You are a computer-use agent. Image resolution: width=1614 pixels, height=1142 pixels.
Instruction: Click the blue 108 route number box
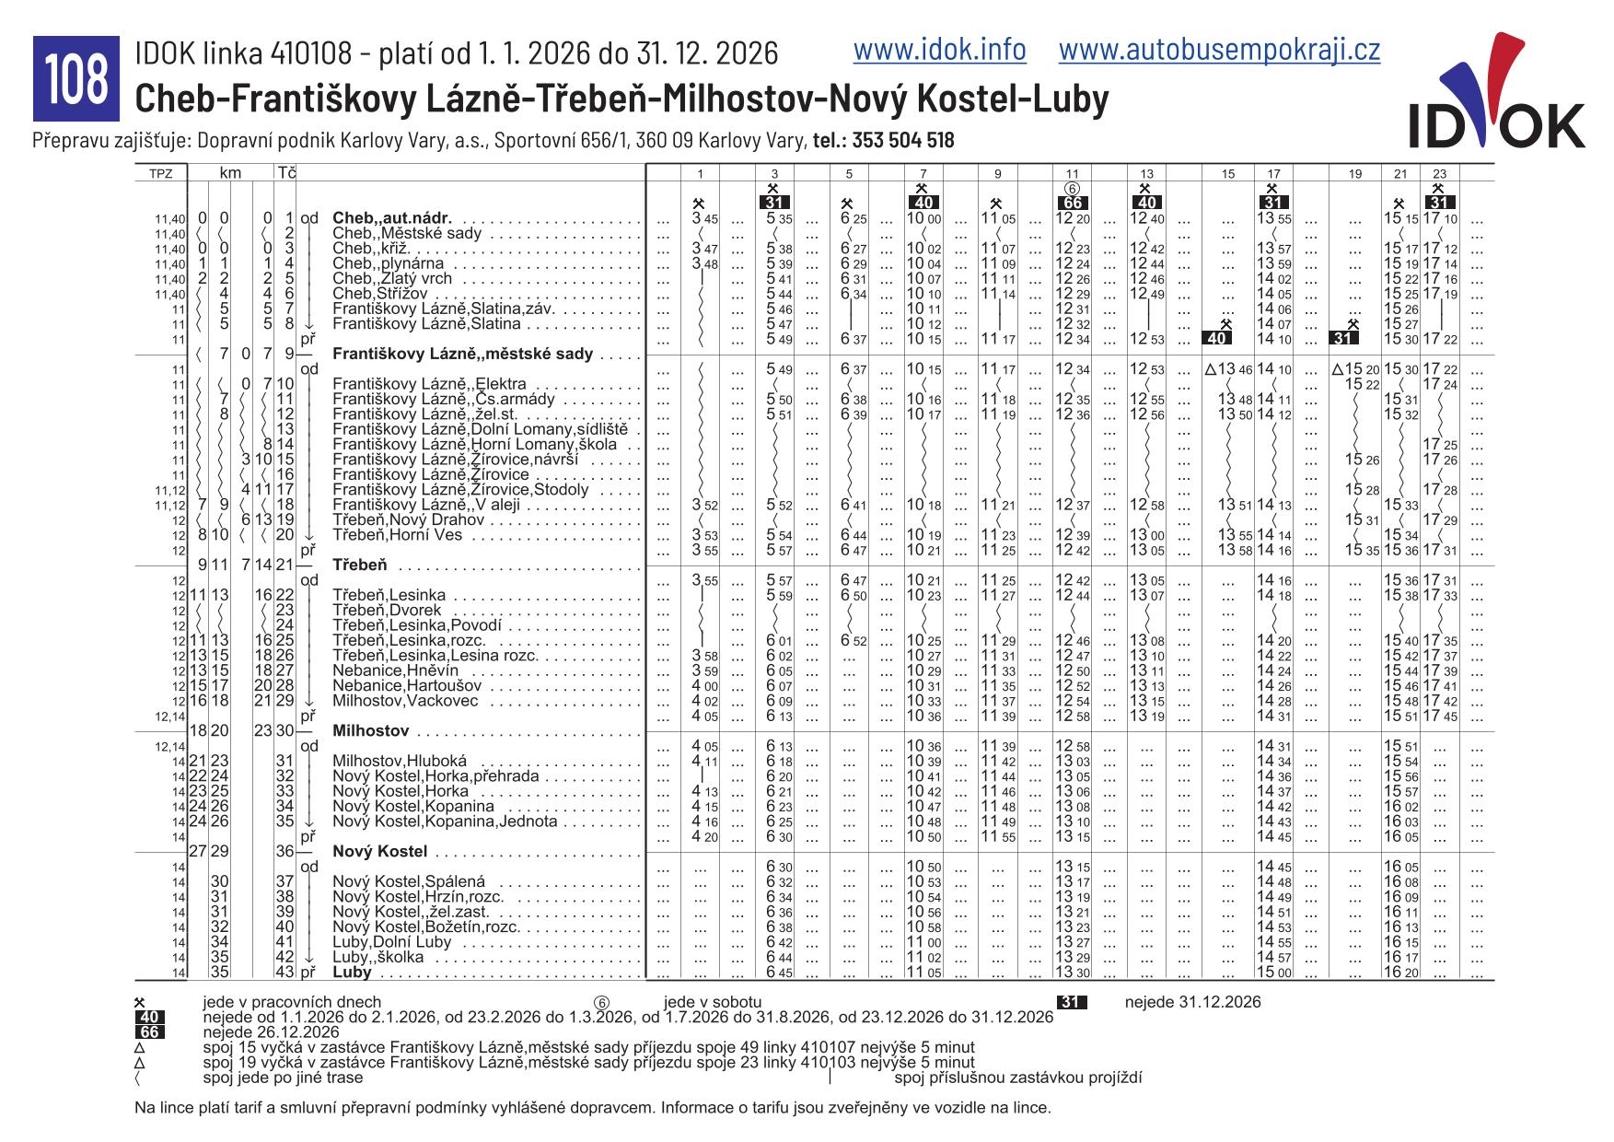click(x=76, y=79)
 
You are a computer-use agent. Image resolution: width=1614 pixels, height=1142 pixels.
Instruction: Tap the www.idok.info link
click(x=939, y=50)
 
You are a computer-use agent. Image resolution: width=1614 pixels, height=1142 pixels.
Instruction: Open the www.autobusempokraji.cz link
click(x=1219, y=50)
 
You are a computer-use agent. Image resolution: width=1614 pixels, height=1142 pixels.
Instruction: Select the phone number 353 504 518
click(x=902, y=141)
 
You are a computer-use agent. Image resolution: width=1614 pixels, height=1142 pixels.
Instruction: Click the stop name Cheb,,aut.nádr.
click(x=392, y=218)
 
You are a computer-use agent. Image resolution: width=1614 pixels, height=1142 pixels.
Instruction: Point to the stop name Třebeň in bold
click(x=359, y=565)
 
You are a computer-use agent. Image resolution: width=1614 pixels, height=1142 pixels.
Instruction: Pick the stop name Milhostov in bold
click(x=370, y=730)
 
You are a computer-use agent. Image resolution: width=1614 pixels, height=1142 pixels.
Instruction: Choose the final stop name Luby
click(x=352, y=972)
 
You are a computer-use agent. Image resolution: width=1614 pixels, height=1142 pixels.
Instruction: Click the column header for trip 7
click(x=923, y=173)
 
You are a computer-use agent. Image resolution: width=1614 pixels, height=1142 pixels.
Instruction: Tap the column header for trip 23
click(x=1440, y=173)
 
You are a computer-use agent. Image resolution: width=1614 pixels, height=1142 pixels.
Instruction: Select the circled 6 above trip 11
click(x=1072, y=188)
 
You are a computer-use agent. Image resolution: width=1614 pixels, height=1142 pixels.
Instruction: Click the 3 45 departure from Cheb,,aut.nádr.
click(x=704, y=218)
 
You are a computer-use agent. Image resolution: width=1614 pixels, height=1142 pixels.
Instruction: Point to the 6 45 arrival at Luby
click(x=779, y=973)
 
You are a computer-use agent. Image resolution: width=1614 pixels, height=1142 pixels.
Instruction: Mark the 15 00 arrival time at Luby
click(x=1273, y=973)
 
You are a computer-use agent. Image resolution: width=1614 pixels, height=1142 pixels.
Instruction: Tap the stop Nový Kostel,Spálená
click(x=408, y=881)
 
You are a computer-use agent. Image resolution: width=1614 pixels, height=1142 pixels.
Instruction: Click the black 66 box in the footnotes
click(x=149, y=1032)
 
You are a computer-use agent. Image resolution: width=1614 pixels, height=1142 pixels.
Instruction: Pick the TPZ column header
click(x=161, y=173)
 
